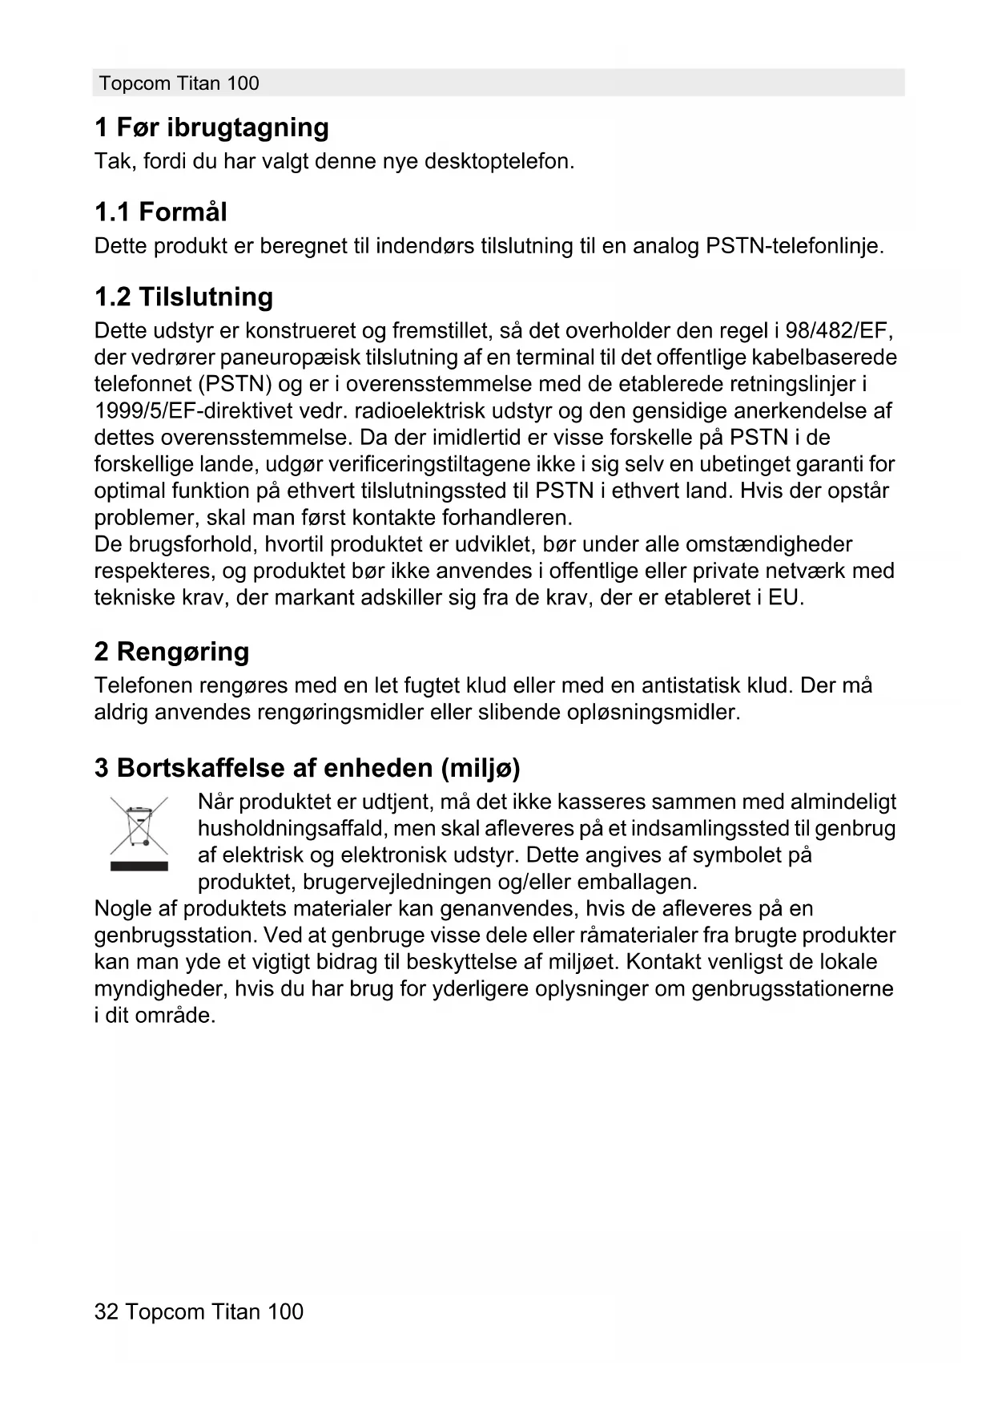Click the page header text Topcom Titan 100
point(179,83)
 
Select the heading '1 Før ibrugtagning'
point(211,127)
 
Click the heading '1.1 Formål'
point(160,212)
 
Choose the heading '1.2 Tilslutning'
point(183,297)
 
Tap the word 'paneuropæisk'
point(290,358)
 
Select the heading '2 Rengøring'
point(171,652)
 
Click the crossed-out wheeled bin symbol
point(139,826)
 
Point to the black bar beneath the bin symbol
point(139,866)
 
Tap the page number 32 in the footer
point(106,1311)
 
